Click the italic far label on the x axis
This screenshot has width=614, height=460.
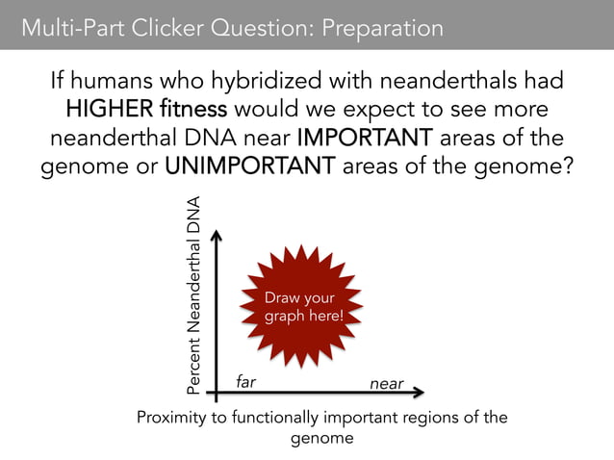[246, 382]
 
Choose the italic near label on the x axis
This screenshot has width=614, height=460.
[387, 383]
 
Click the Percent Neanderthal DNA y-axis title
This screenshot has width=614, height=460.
[194, 295]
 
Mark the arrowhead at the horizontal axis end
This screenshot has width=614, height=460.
[420, 393]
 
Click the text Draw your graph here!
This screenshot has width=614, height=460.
[303, 307]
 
